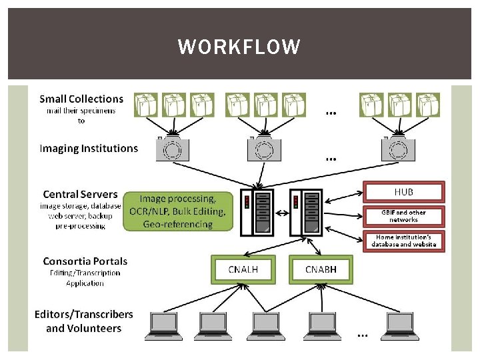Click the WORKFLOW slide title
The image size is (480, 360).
pyautogui.click(x=239, y=47)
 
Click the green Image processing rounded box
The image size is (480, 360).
pyautogui.click(x=178, y=211)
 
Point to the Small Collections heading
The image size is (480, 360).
pyautogui.click(x=81, y=99)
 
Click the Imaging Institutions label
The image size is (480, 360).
pyautogui.click(x=89, y=148)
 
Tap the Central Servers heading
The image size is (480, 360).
pyautogui.click(x=80, y=194)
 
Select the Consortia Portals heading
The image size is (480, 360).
pyautogui.click(x=85, y=261)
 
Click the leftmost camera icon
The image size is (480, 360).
pyautogui.click(x=173, y=149)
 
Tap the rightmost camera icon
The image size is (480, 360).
pyautogui.click(x=398, y=149)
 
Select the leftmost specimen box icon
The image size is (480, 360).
pyautogui.click(x=146, y=105)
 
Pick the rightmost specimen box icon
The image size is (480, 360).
pyautogui.click(x=428, y=105)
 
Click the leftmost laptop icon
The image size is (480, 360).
pyautogui.click(x=163, y=326)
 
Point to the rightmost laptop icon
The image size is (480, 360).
pyautogui.click(x=400, y=326)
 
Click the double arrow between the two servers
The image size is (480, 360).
pyautogui.click(x=282, y=213)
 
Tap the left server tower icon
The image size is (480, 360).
pyautogui.click(x=257, y=213)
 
